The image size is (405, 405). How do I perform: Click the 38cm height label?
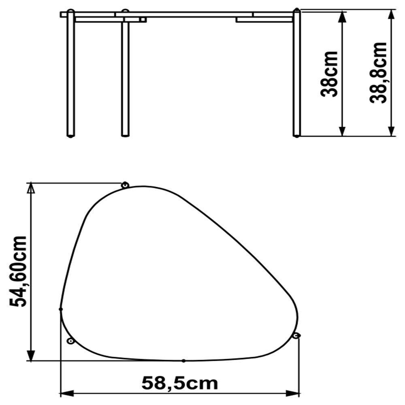[329, 74]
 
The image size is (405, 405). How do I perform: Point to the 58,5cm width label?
[179, 382]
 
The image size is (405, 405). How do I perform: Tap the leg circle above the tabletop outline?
[125, 185]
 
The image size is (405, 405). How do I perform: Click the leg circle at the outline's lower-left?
[70, 341]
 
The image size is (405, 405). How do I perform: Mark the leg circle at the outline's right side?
[296, 335]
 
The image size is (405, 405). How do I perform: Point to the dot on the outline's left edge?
[61, 309]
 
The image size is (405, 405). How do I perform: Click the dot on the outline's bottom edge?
[183, 360]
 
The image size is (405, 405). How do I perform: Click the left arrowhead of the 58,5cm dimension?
[66, 393]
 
